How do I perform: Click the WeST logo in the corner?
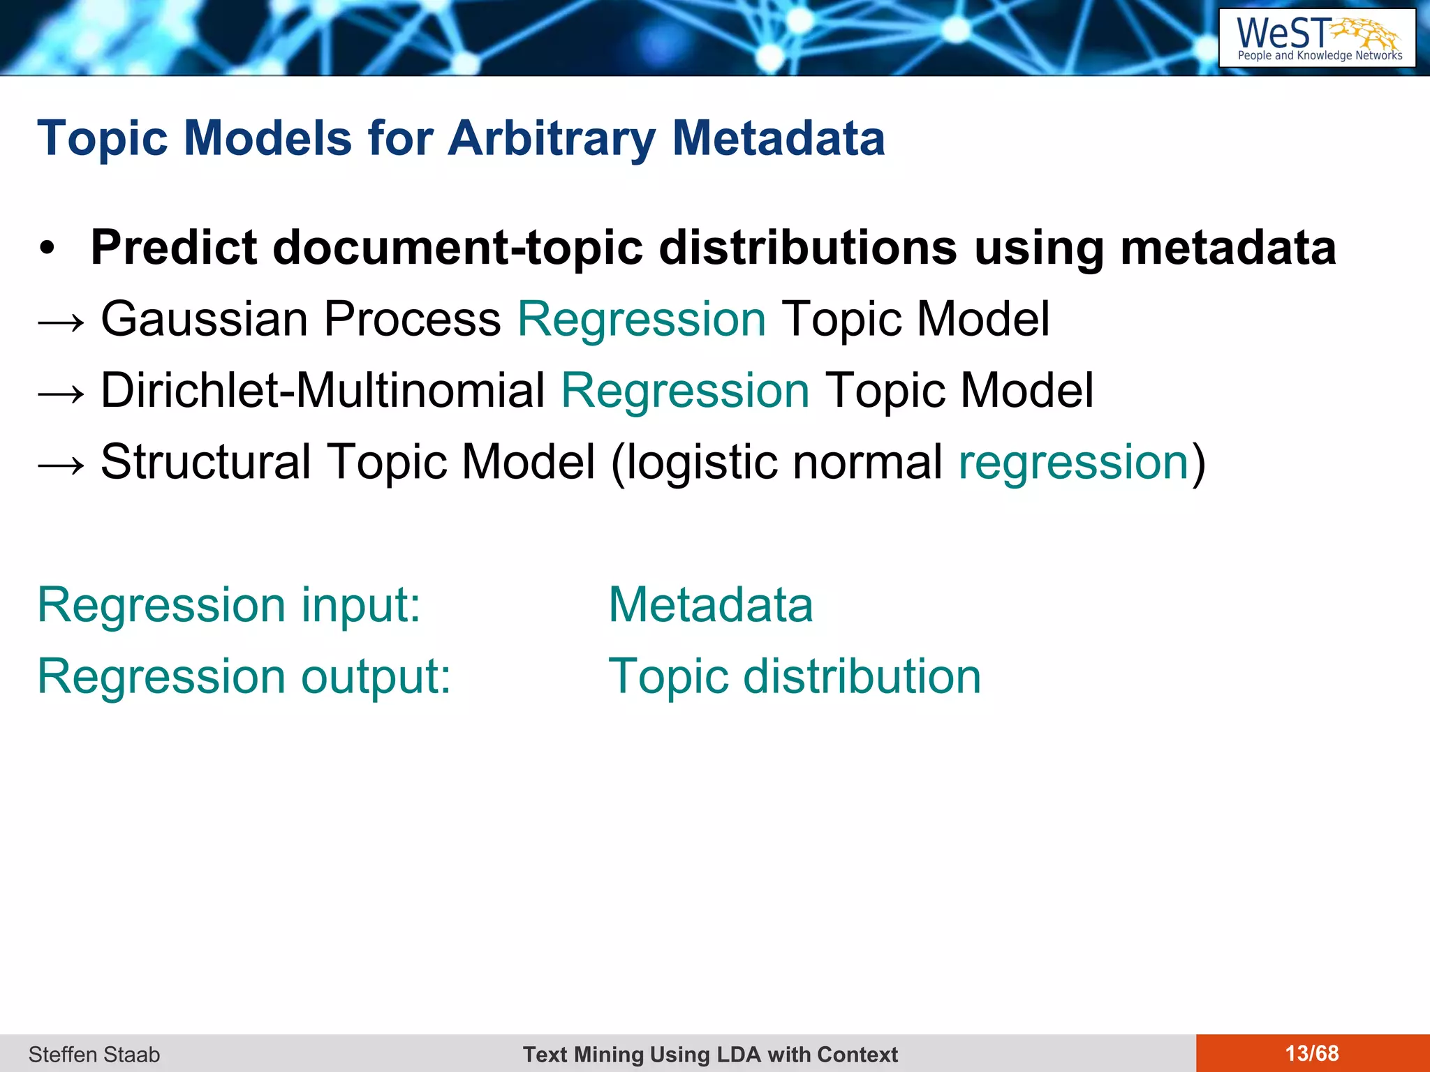(x=1317, y=38)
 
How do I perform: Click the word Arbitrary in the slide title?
(x=552, y=138)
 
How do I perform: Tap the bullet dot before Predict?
(x=47, y=249)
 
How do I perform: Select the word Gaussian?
(x=205, y=320)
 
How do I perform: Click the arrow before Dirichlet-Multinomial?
(x=61, y=393)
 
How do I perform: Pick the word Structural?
(x=206, y=462)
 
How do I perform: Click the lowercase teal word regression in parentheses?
(x=1073, y=463)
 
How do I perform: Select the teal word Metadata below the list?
(x=711, y=604)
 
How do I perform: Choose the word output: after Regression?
(x=376, y=677)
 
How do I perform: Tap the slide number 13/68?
(x=1312, y=1053)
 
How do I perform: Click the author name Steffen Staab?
(x=94, y=1054)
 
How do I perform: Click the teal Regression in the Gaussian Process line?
(x=642, y=320)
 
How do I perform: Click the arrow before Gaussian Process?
(x=61, y=322)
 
